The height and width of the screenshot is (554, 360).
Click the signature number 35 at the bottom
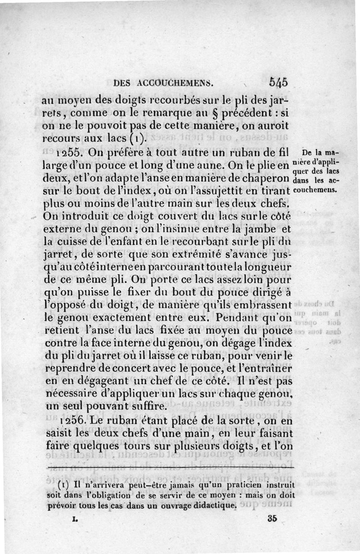tap(272, 518)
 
